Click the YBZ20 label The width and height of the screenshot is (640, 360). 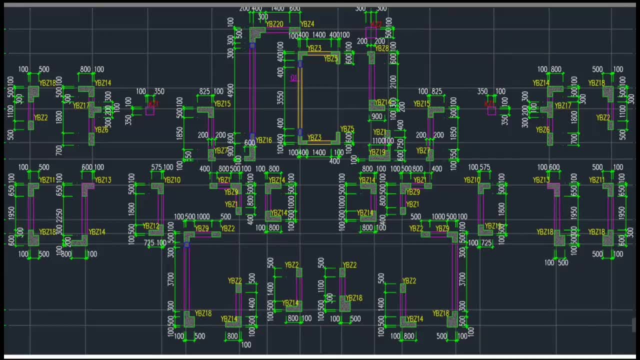point(274,24)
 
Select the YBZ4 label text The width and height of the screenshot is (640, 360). point(307,24)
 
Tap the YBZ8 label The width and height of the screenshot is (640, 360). point(381,48)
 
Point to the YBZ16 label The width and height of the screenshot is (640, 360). point(263,140)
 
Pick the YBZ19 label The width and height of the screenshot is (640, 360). point(377,152)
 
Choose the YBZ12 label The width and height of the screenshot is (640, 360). point(150,226)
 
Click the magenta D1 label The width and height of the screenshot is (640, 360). point(293,78)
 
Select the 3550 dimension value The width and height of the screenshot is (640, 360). point(280,98)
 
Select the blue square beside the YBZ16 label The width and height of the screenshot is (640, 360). point(252,136)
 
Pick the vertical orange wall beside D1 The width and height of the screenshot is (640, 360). point(300,98)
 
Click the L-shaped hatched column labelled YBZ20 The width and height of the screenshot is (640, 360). point(256,34)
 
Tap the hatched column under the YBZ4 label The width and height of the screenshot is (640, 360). point(294,32)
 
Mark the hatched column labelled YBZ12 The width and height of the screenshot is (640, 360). point(156,230)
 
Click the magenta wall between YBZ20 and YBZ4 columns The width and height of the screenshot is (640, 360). point(277,31)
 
